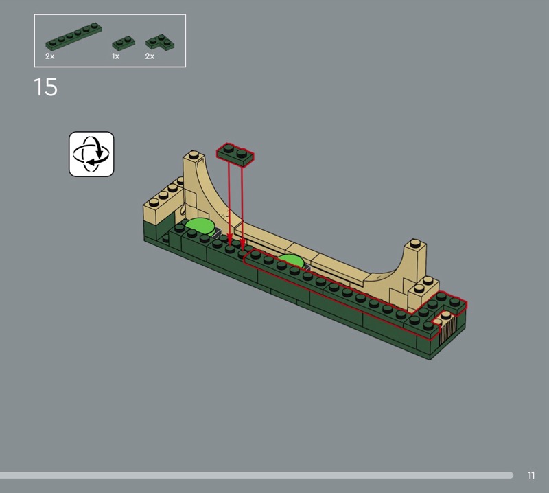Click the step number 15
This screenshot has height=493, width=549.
[x=45, y=87]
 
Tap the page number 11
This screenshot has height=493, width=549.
[x=530, y=475]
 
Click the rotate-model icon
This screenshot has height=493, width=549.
[x=91, y=154]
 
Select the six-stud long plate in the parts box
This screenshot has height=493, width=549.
[x=73, y=36]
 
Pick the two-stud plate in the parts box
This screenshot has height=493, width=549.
[x=124, y=43]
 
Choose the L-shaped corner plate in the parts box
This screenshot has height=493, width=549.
[x=160, y=42]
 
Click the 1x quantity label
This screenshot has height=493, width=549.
[x=115, y=56]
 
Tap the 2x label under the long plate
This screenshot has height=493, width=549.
[x=49, y=56]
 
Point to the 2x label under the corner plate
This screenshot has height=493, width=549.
[x=150, y=56]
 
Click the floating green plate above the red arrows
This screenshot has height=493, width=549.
[x=235, y=154]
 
